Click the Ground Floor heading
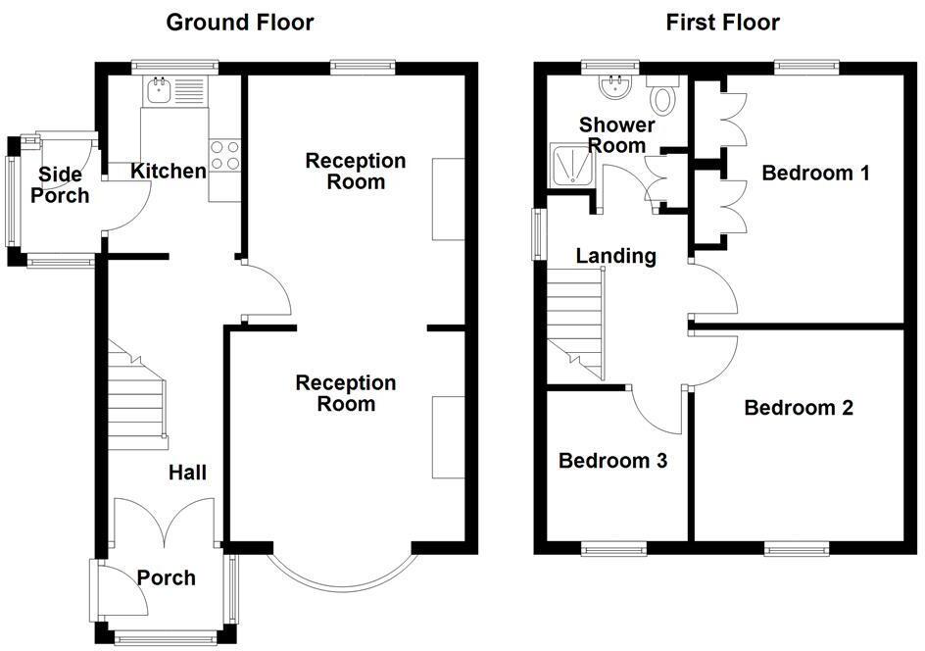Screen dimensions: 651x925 tap(239, 22)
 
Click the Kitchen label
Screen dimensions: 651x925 tap(169, 172)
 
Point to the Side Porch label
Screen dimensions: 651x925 tap(60, 185)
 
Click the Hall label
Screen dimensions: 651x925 tap(187, 473)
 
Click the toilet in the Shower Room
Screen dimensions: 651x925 tap(664, 95)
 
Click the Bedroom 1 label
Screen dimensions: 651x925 tap(815, 174)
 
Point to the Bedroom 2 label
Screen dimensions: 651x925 tap(798, 408)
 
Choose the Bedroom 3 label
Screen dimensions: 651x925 tap(612, 461)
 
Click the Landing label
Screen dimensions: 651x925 tap(615, 256)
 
